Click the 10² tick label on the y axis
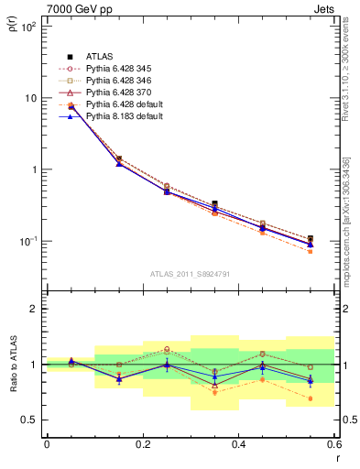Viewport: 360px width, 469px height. click(27, 27)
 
